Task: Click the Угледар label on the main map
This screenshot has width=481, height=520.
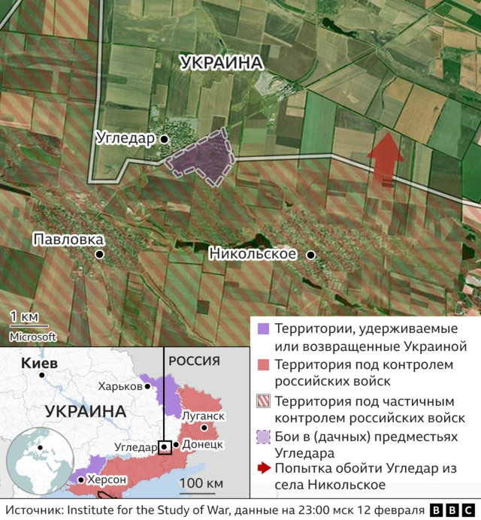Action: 125,139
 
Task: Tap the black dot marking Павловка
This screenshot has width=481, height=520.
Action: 99,255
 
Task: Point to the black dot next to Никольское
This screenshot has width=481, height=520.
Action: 310,255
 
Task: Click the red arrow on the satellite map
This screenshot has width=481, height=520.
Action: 385,156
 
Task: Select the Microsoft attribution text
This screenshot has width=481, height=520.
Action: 33,337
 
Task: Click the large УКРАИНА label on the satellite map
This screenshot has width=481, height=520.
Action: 222,63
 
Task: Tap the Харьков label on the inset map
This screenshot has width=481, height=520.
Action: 119,385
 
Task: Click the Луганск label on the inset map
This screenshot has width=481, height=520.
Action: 202,416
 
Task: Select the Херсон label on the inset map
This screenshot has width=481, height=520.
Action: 106,479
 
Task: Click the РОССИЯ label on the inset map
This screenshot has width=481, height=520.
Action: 194,361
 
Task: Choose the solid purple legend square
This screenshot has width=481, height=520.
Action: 263,329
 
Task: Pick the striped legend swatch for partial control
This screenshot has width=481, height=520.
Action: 263,401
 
